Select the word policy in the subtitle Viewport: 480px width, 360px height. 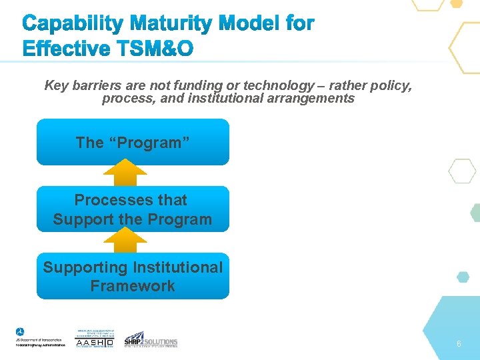[x=393, y=85]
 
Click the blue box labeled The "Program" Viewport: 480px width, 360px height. [x=133, y=142]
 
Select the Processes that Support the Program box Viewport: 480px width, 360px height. [x=133, y=209]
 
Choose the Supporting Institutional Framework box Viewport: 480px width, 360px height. [x=133, y=276]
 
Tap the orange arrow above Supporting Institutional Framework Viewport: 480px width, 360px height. [x=125, y=241]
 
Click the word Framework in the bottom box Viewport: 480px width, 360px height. [x=133, y=286]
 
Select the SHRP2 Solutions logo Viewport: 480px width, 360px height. [x=151, y=340]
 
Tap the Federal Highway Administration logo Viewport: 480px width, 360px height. [x=40, y=339]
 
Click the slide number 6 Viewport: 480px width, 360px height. [x=459, y=343]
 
